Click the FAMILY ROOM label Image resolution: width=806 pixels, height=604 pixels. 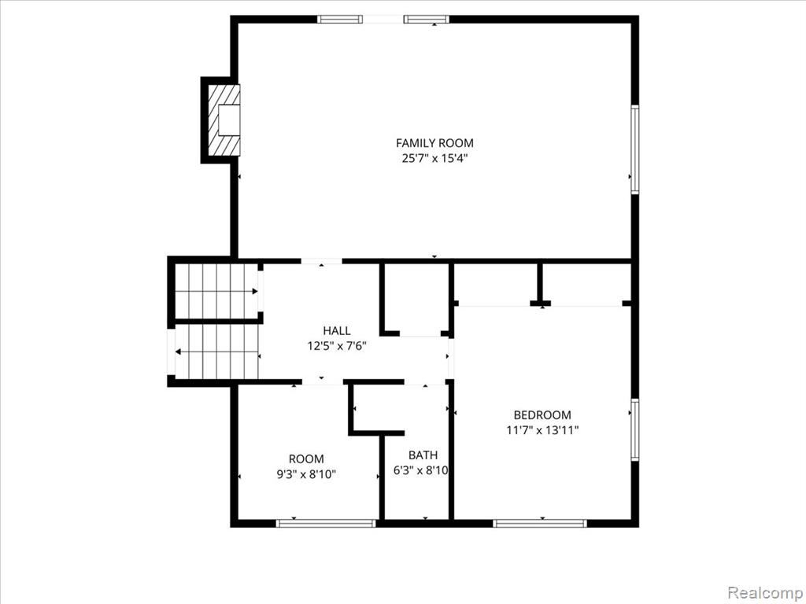pyautogui.click(x=434, y=143)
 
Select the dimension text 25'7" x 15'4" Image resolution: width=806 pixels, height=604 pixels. pyautogui.click(x=434, y=158)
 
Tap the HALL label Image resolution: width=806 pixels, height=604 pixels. pyautogui.click(x=337, y=331)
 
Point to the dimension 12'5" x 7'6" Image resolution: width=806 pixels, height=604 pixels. pyautogui.click(x=337, y=346)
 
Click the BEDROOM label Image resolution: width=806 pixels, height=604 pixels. pyautogui.click(x=542, y=415)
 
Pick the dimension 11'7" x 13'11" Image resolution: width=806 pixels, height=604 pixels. pyautogui.click(x=542, y=430)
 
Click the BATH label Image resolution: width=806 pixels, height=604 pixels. pyautogui.click(x=423, y=455)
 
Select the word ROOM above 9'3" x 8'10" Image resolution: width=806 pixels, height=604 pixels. pyautogui.click(x=306, y=459)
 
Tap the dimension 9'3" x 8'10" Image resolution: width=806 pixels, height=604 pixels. pyautogui.click(x=306, y=474)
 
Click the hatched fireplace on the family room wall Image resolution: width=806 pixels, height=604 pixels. pyautogui.click(x=224, y=120)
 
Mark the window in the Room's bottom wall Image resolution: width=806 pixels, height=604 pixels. pyautogui.click(x=326, y=523)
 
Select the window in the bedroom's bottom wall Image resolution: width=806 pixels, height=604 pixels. pyautogui.click(x=540, y=523)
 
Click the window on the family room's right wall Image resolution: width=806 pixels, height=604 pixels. pyautogui.click(x=635, y=149)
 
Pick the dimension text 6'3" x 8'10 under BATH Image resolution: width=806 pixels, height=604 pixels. pyautogui.click(x=421, y=470)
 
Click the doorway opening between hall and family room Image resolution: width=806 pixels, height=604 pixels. pyautogui.click(x=321, y=261)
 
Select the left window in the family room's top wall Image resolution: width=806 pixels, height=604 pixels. pyautogui.click(x=340, y=20)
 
